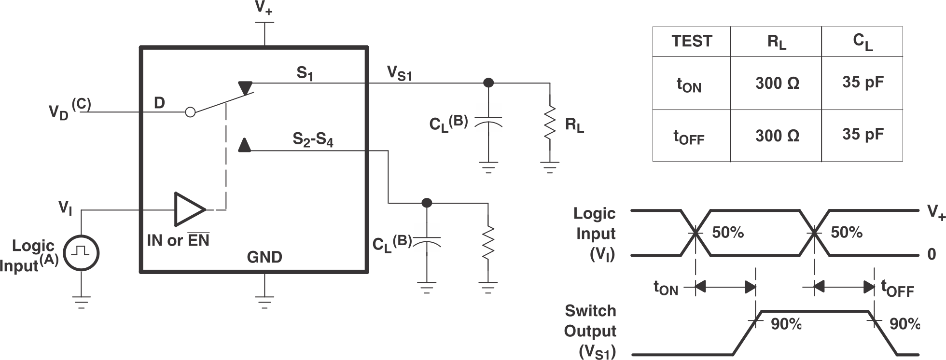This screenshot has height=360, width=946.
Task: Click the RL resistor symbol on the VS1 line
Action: point(549,124)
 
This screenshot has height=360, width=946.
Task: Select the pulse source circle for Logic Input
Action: point(82,253)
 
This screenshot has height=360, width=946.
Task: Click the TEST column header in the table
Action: point(691,42)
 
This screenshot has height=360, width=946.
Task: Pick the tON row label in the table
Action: point(689,84)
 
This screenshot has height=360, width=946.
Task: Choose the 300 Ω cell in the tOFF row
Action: point(777,136)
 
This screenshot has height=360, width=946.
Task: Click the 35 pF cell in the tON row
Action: point(863,83)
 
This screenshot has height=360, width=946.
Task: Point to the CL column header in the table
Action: point(863,42)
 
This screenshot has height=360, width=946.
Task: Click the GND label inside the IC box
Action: point(264,257)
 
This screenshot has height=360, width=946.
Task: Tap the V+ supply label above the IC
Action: point(264,9)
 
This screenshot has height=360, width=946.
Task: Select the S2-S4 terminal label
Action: point(313,140)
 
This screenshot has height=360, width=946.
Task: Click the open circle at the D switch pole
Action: point(191,112)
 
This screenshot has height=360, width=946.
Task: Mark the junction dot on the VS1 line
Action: point(488,83)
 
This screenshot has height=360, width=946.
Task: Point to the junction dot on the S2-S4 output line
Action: point(427,203)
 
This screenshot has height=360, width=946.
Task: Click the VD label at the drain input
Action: point(59,112)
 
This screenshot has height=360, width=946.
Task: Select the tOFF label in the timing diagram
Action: point(897,288)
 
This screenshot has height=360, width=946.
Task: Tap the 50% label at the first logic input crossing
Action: point(727,233)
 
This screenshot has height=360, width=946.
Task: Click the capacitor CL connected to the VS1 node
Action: point(488,121)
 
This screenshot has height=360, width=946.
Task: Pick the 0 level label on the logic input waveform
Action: point(932,254)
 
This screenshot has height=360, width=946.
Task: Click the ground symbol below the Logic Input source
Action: point(82,302)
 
